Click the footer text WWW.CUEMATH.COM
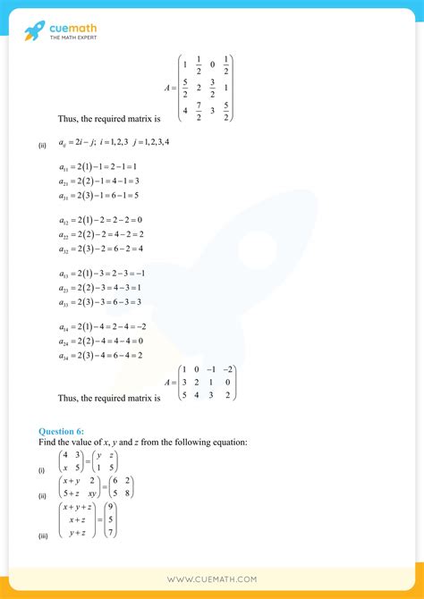[212, 578]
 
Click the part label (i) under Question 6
[41, 468]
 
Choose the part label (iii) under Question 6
[43, 536]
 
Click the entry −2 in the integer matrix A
[229, 369]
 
